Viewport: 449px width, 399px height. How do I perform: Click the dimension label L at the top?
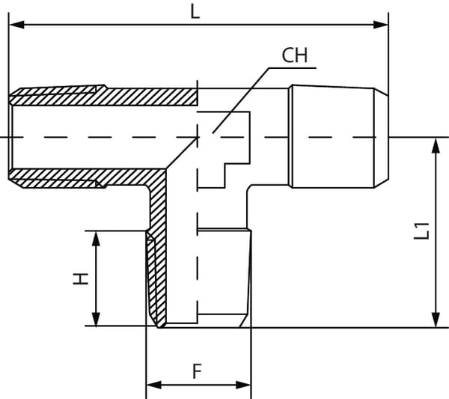[195, 11]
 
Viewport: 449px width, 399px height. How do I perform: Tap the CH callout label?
[295, 55]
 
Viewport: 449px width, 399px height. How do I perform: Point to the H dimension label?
[81, 278]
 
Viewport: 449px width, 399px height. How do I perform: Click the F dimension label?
[197, 370]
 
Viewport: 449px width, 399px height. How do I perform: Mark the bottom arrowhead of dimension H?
[95, 320]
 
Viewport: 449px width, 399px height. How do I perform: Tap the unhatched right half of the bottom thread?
[224, 277]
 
